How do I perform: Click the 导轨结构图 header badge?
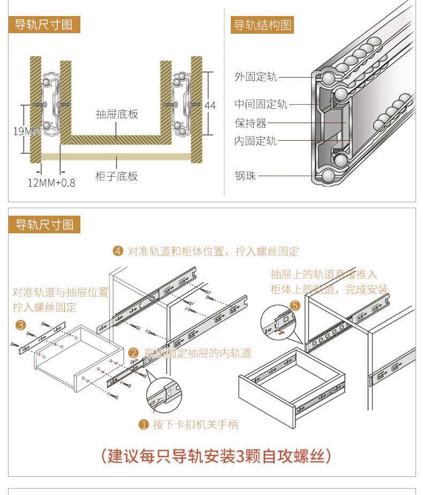tap(263, 25)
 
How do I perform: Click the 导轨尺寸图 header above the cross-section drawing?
tap(44, 25)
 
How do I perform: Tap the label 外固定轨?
tap(255, 77)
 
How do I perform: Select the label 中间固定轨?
tap(260, 104)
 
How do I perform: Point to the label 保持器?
tap(250, 123)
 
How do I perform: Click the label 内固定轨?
tap(255, 141)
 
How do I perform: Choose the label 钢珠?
tap(245, 176)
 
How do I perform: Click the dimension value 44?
tap(210, 106)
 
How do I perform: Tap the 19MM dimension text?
tap(26, 131)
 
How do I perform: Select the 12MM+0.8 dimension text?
tap(51, 183)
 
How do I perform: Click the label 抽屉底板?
tap(117, 115)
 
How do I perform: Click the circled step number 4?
tap(118, 252)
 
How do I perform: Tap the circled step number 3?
tap(20, 325)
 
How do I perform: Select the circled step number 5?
tap(295, 306)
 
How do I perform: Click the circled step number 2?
tap(134, 353)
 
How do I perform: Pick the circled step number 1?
tap(143, 425)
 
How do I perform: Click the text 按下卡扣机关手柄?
tap(195, 425)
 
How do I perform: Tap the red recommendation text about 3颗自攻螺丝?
tap(216, 456)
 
